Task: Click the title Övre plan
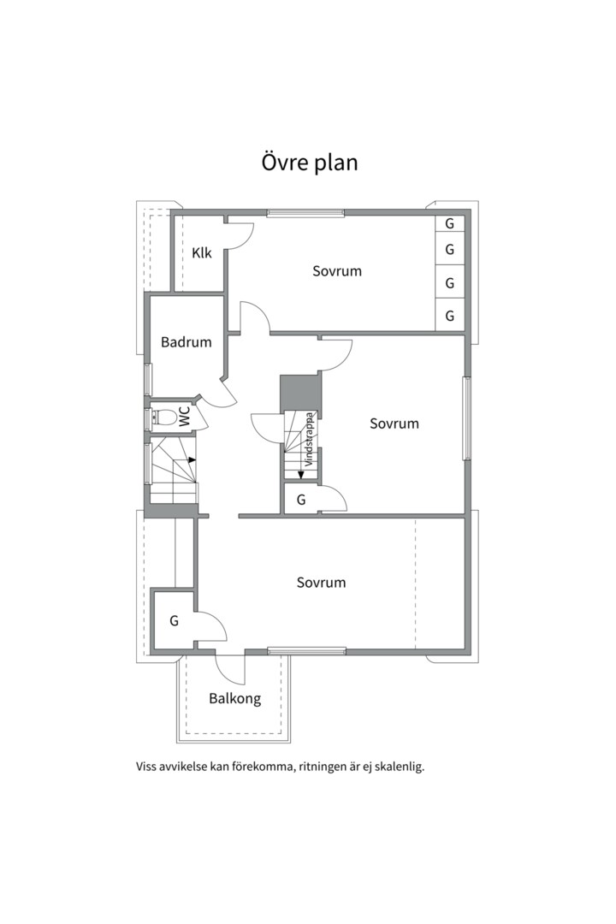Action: pos(309,163)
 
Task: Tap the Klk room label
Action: pos(202,253)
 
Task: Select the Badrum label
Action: pos(186,342)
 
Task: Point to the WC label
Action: pos(186,418)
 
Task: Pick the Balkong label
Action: pos(234,699)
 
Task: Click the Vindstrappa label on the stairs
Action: pos(310,439)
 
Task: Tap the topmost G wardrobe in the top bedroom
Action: pos(450,223)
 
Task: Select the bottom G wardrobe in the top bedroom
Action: pos(450,317)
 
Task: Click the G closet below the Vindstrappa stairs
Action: pos(301,500)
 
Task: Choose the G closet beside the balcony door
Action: pos(174,621)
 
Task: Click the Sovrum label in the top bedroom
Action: pos(336,271)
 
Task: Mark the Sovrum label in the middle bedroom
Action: pos(394,423)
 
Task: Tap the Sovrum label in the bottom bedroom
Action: pos(321,583)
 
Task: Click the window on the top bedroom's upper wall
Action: pos(305,213)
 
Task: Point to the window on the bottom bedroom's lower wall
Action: pos(306,651)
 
